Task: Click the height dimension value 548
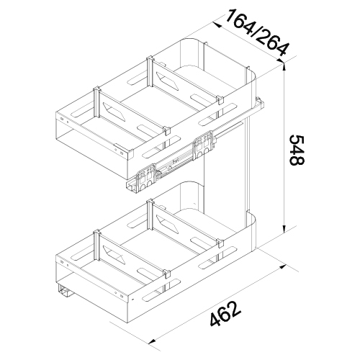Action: (297, 150)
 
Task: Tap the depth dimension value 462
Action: (225, 314)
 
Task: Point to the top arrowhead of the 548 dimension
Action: (284, 66)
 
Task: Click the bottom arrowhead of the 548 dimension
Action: (284, 228)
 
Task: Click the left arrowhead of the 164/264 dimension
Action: (217, 24)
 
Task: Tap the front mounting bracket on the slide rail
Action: (146, 178)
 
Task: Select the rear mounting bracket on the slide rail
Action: (204, 145)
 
